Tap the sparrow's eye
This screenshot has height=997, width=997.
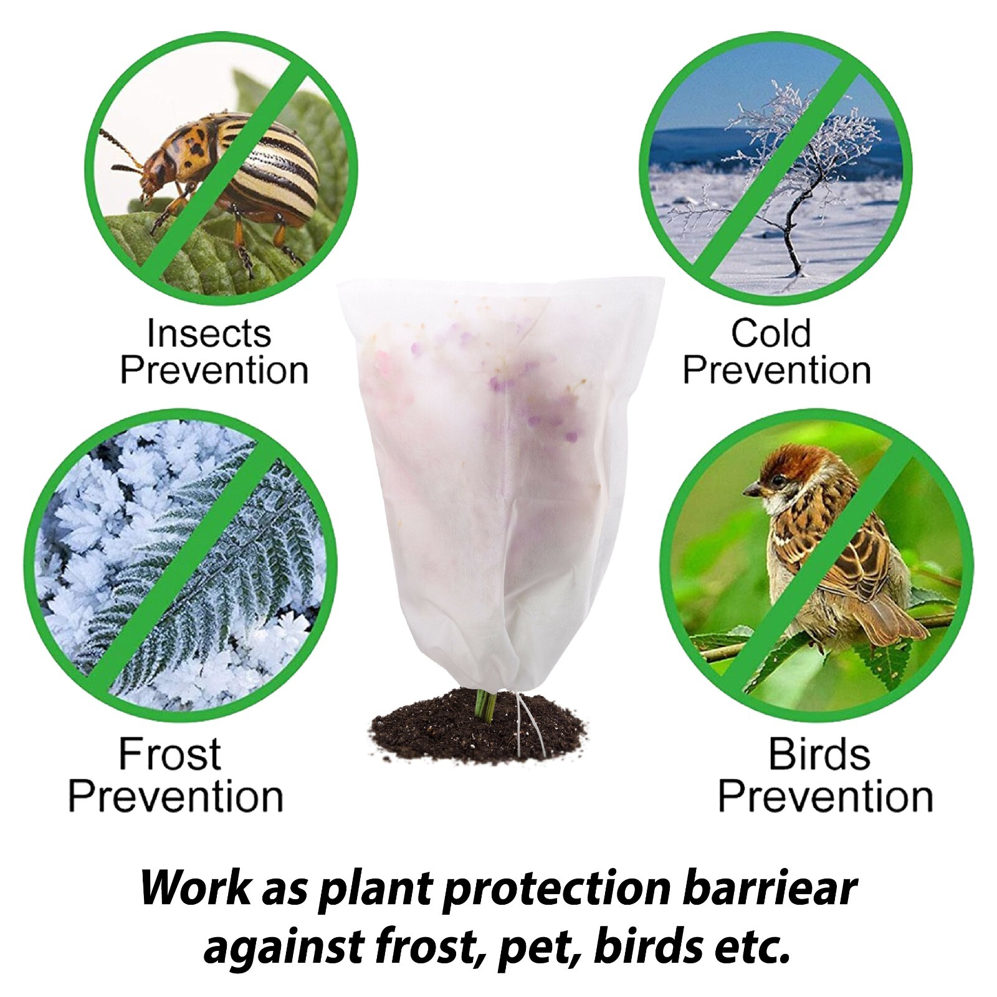[x=779, y=480]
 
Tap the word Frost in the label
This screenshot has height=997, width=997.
[x=169, y=755]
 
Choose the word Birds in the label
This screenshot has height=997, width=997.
[x=819, y=755]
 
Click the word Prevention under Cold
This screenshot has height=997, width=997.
[x=776, y=371]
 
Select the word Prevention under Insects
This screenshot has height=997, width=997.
[x=214, y=371]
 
